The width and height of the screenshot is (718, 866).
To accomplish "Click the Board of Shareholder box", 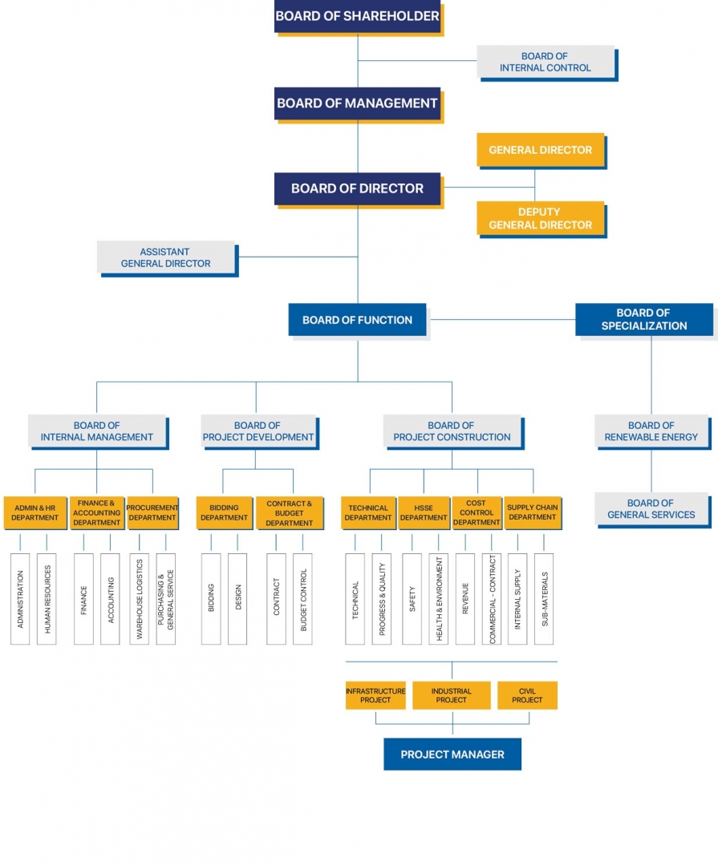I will click(x=357, y=16).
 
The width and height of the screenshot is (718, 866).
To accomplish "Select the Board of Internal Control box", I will click(x=545, y=62).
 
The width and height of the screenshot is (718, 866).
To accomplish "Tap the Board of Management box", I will click(x=357, y=103).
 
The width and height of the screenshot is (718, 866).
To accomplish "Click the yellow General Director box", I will click(x=540, y=150).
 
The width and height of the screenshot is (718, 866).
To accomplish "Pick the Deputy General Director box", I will click(x=540, y=218).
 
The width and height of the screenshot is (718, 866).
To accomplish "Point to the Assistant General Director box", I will click(x=166, y=257).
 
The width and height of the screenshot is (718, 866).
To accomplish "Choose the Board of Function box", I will click(x=357, y=320).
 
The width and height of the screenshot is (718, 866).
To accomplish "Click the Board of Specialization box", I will click(x=643, y=319).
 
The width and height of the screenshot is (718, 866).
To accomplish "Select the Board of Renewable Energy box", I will click(x=651, y=431).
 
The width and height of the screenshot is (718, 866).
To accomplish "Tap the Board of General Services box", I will click(x=651, y=509).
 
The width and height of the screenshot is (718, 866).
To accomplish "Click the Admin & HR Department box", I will click(x=35, y=513).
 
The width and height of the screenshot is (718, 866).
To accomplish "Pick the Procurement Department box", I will click(x=152, y=513).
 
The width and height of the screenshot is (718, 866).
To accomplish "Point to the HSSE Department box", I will click(x=424, y=513).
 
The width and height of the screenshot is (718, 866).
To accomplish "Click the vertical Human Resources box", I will click(x=47, y=598).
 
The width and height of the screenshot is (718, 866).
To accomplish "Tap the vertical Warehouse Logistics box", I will click(x=139, y=598).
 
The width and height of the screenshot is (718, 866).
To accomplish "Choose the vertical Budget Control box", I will click(x=302, y=598).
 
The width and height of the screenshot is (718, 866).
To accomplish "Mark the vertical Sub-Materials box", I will click(x=544, y=598).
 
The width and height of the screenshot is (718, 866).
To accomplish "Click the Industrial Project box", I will click(x=451, y=695).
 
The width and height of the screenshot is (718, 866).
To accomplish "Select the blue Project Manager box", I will click(x=452, y=755).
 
